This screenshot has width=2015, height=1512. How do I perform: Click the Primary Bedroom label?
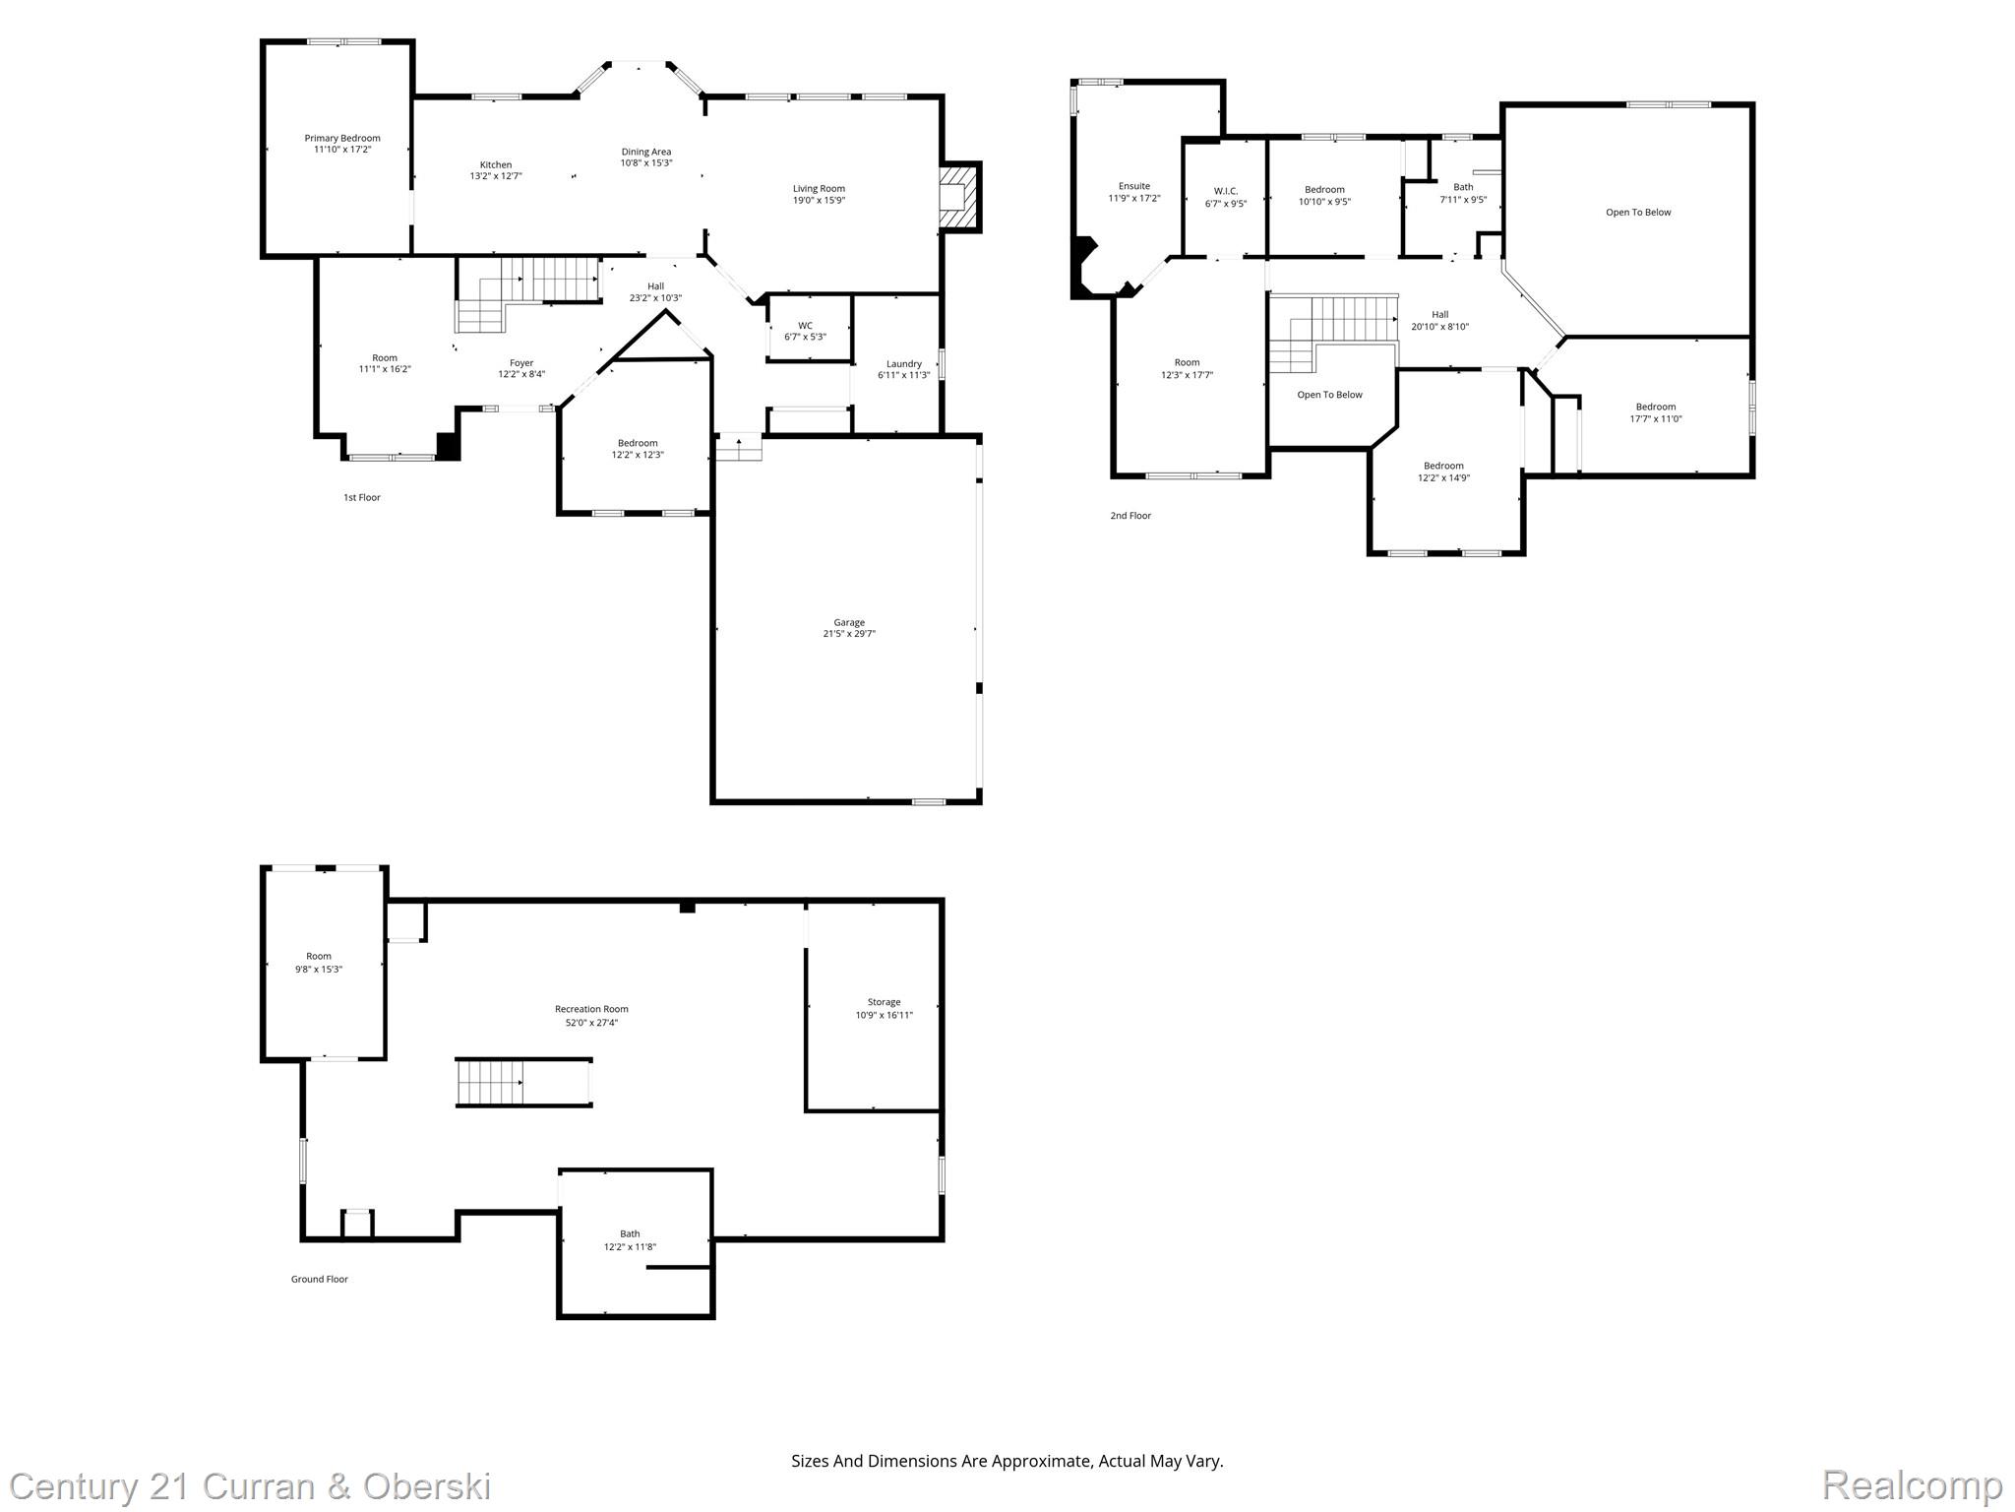(x=342, y=138)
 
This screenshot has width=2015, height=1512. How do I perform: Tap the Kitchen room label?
(x=496, y=164)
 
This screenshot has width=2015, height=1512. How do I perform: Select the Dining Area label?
(x=646, y=152)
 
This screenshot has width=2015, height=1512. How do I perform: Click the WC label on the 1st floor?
(x=805, y=325)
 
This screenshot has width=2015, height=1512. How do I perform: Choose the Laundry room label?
(x=904, y=363)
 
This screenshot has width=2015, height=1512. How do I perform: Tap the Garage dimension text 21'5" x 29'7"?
(x=849, y=634)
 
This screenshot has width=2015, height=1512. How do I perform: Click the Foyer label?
(x=521, y=362)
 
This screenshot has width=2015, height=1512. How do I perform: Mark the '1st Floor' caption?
(x=362, y=497)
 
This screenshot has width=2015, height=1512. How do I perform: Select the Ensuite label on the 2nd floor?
(x=1134, y=186)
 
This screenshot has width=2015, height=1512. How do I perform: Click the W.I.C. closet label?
(x=1226, y=191)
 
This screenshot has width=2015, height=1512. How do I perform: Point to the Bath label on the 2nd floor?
(x=1464, y=187)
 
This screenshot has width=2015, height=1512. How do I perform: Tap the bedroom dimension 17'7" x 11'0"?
(x=1656, y=418)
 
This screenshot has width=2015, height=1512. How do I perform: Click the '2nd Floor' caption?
(x=1130, y=515)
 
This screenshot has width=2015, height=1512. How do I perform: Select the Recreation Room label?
(x=591, y=1009)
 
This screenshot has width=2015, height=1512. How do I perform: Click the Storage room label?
(x=884, y=1002)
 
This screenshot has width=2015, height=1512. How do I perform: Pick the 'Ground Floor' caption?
(x=320, y=1279)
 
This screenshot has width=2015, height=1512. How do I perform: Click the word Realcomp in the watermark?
(x=1913, y=1484)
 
